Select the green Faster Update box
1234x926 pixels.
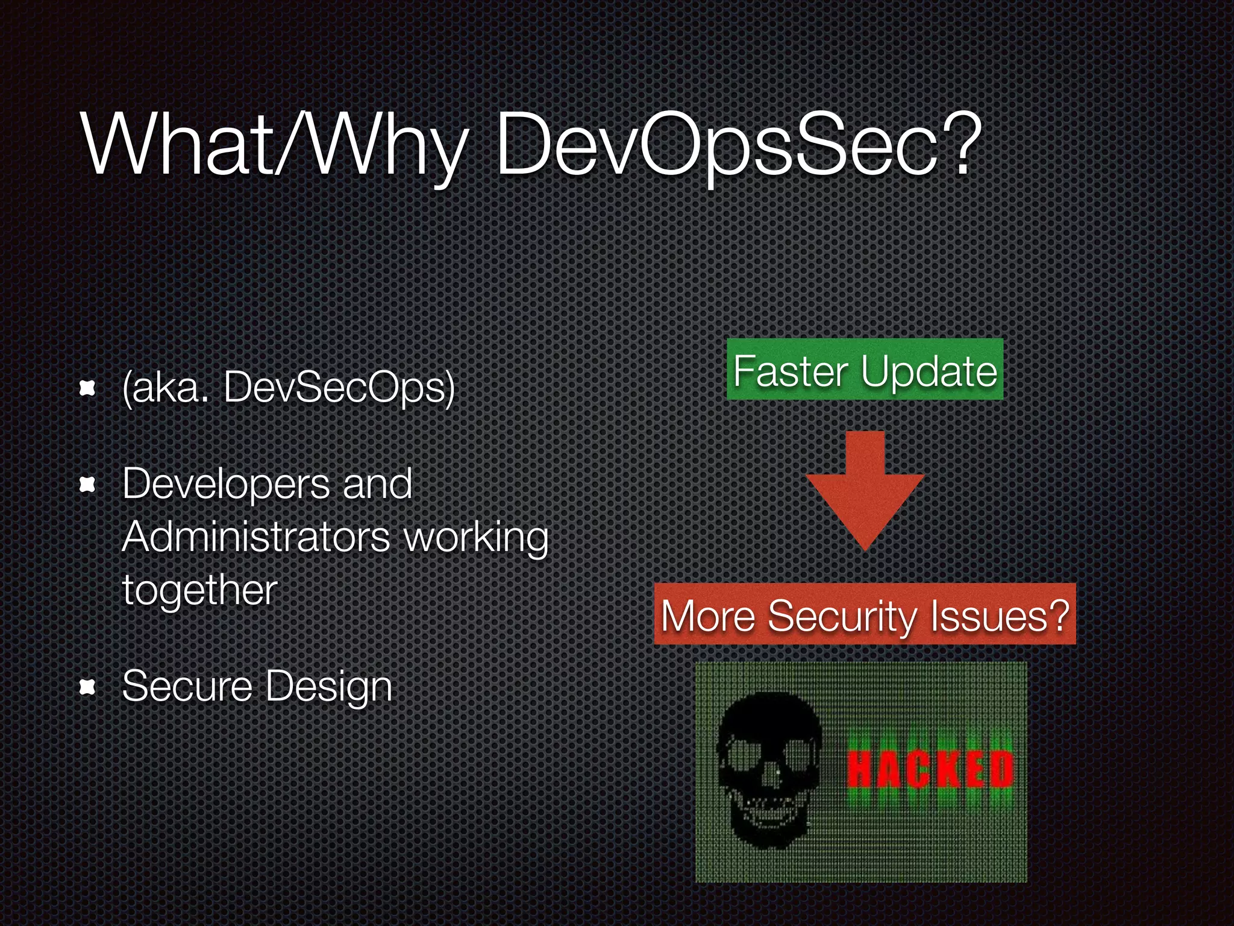(865, 370)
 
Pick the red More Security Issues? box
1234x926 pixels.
(865, 615)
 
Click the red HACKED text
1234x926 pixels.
(931, 769)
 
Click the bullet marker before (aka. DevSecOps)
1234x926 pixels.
(88, 389)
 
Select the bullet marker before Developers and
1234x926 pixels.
(88, 484)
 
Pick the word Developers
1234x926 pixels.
(226, 484)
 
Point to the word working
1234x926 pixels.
(476, 538)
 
